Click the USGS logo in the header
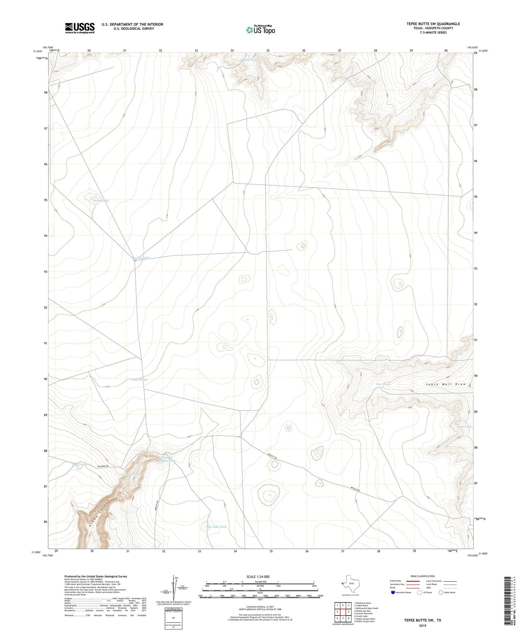pos(80,28)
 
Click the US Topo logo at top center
pos(260,30)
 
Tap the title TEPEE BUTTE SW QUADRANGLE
pos(433,24)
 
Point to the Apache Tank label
pos(249,60)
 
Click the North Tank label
pos(100,200)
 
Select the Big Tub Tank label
pos(141,258)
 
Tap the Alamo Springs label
pos(139,380)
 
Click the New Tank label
pos(383,384)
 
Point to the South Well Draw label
pos(446,384)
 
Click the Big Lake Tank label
pos(216,527)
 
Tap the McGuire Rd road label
pos(103,466)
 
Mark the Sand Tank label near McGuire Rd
pos(79,464)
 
